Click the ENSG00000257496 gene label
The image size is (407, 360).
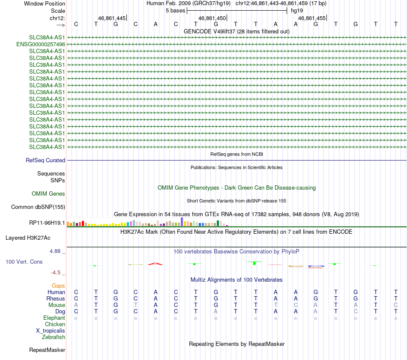click(41, 44)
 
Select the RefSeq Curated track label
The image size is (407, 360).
click(45, 161)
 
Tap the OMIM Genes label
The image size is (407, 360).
click(48, 194)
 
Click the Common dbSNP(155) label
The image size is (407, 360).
click(38, 207)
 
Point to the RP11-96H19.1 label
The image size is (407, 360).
click(47, 223)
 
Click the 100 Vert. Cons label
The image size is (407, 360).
click(24, 262)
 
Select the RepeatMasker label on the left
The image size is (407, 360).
click(47, 350)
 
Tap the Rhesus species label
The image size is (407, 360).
click(56, 298)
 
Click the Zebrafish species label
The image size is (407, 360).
click(54, 337)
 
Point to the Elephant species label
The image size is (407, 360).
click(54, 318)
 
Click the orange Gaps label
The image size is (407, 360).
click(58, 286)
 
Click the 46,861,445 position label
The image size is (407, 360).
click(112, 18)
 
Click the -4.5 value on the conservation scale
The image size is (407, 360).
click(58, 272)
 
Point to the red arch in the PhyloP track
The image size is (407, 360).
click(156, 264)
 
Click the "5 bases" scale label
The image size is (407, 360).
click(176, 10)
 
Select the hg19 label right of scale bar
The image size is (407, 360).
click(297, 10)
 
